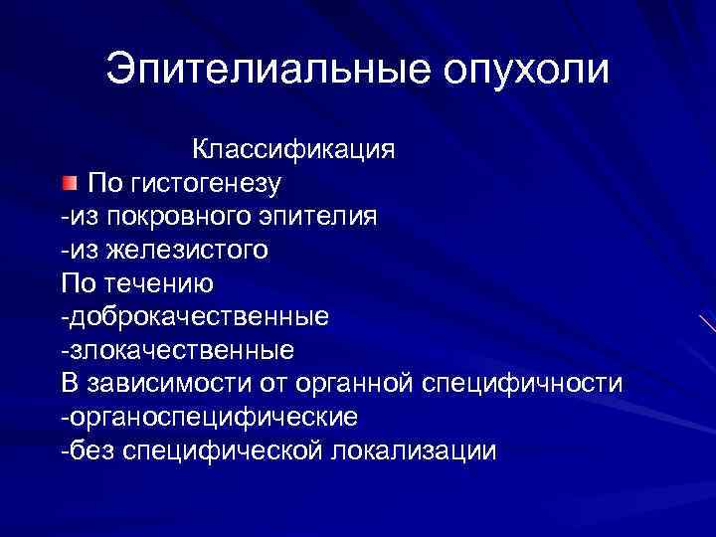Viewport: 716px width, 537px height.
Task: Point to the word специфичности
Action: (x=523, y=384)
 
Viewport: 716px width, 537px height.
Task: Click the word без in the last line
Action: (x=89, y=450)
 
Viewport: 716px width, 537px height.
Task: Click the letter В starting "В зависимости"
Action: (x=68, y=384)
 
